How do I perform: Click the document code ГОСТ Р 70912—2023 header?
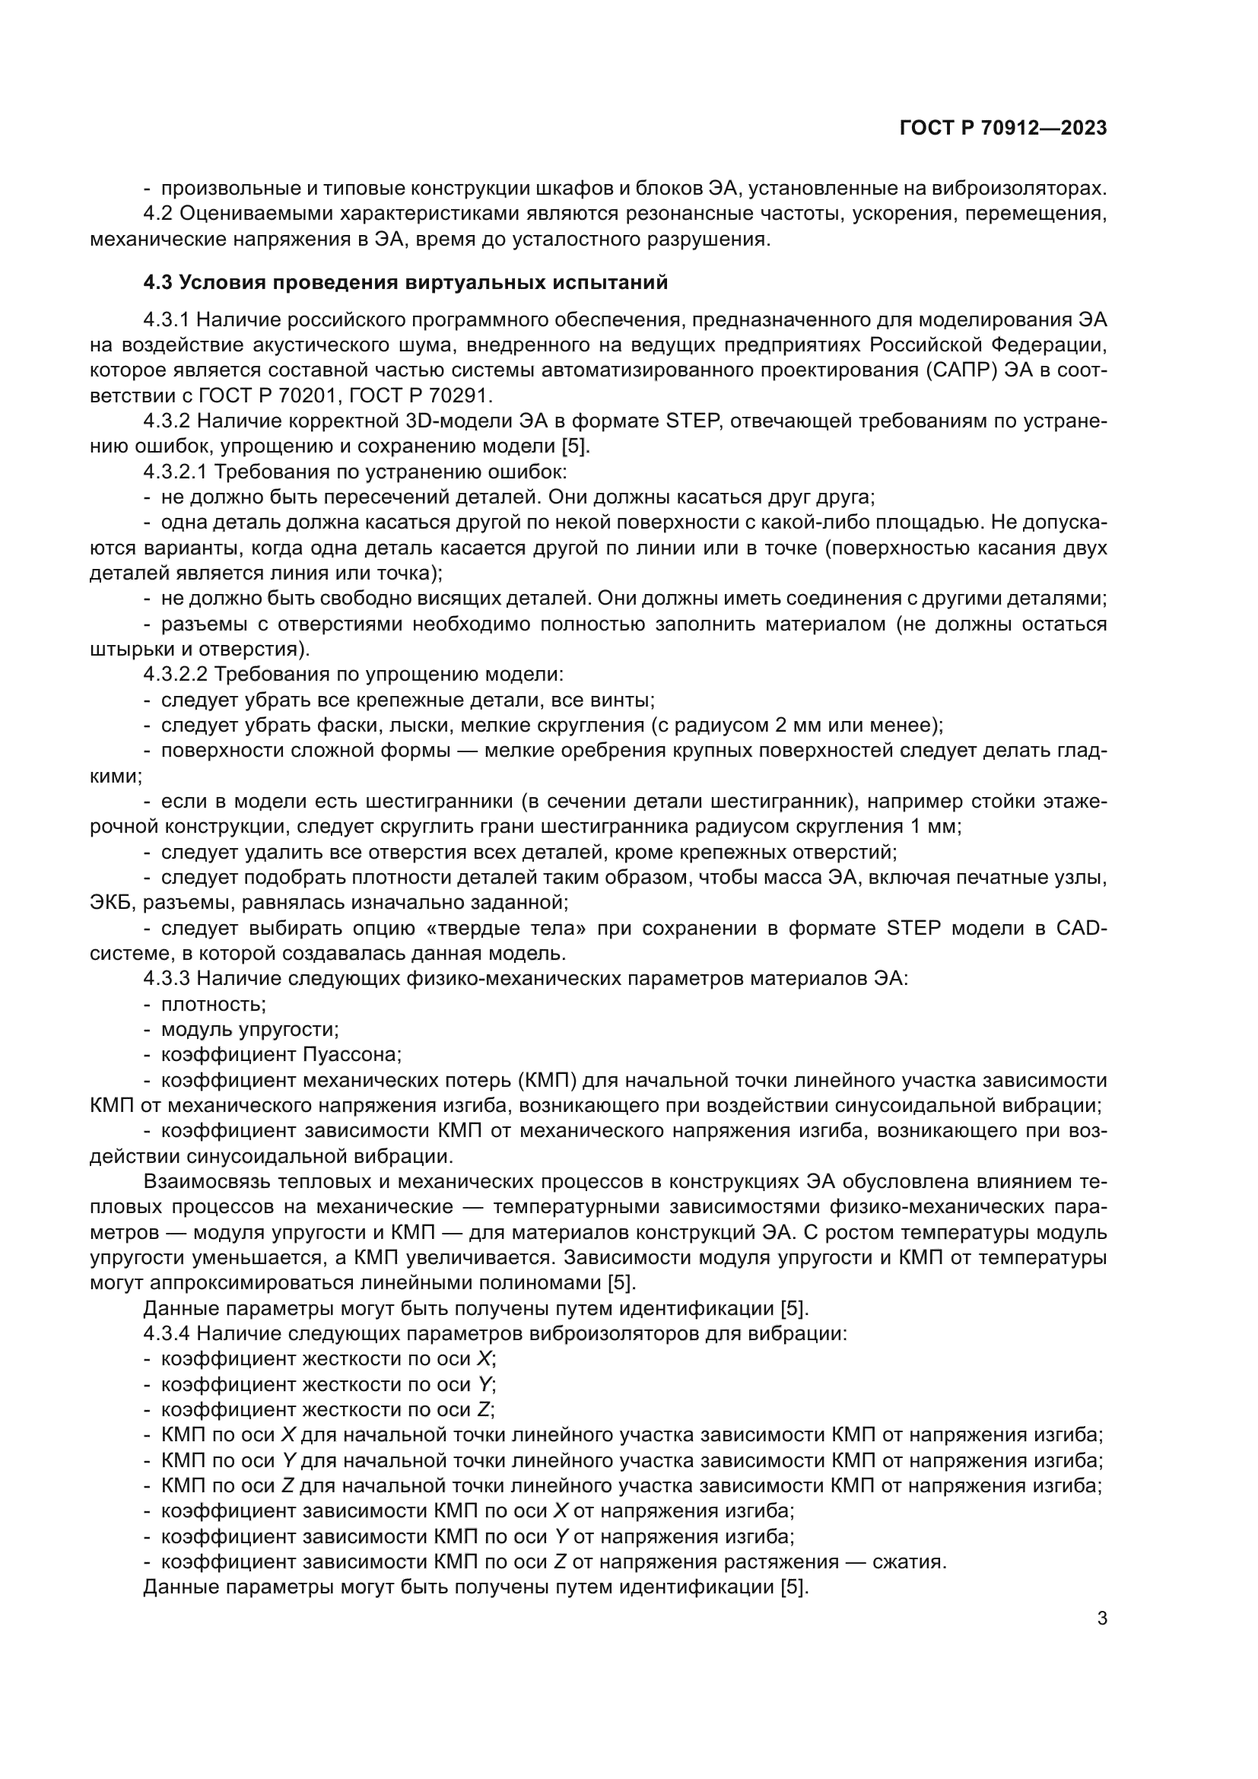pos(1003,129)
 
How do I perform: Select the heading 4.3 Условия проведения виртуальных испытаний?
pos(405,283)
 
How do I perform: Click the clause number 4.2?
pos(161,214)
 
